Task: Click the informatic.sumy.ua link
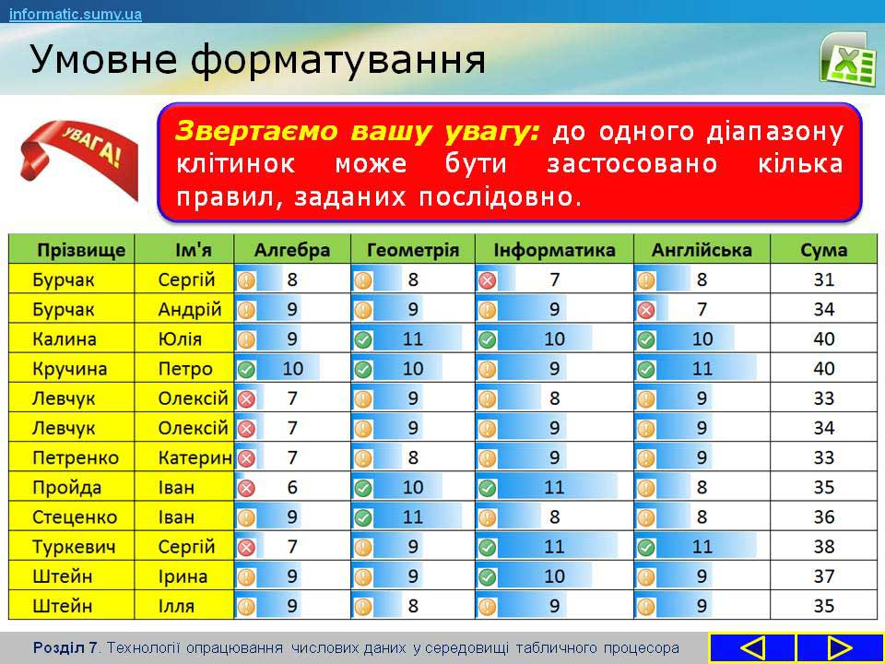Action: click(x=76, y=14)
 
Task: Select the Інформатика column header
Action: click(x=554, y=250)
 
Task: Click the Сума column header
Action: click(x=823, y=250)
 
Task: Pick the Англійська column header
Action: click(x=702, y=250)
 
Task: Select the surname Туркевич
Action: click(x=74, y=547)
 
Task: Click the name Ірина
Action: click(x=183, y=576)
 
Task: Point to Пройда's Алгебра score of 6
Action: click(x=292, y=487)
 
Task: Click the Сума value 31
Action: click(x=823, y=279)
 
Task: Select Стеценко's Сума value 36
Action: click(x=823, y=517)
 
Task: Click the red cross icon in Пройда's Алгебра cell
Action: click(x=246, y=488)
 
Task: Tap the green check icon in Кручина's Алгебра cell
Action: click(x=246, y=369)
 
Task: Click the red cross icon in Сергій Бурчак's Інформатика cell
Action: click(x=487, y=280)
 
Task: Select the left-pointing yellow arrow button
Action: click(x=752, y=648)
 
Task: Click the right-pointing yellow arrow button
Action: click(x=839, y=648)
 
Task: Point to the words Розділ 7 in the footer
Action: click(x=65, y=647)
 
